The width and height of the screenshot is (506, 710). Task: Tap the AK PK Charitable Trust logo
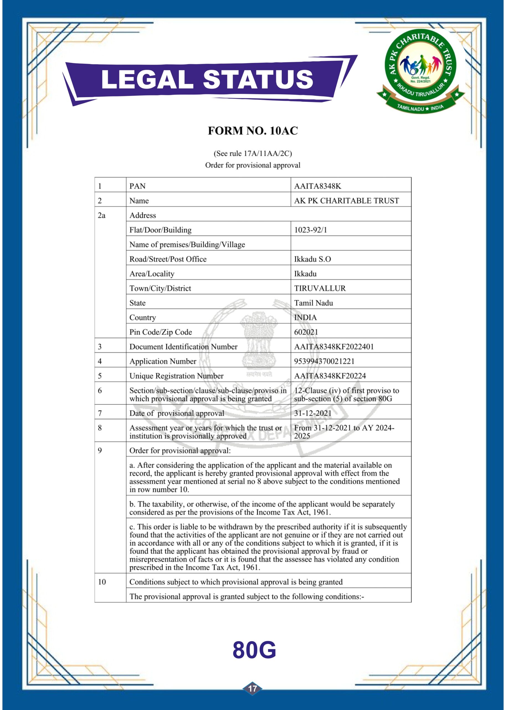click(421, 70)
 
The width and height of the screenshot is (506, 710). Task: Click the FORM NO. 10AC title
click(253, 131)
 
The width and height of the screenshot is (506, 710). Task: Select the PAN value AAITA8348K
click(317, 186)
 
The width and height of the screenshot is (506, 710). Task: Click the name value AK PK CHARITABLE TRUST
click(346, 201)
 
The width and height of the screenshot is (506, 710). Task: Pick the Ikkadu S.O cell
click(312, 259)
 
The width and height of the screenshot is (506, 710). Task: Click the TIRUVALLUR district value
click(320, 288)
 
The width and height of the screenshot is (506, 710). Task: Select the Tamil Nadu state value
click(314, 303)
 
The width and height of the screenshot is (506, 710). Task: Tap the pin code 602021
click(306, 332)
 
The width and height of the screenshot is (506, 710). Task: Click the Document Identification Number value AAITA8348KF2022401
click(334, 347)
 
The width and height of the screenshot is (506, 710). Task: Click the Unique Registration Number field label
click(176, 376)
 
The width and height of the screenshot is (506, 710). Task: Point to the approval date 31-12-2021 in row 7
click(312, 413)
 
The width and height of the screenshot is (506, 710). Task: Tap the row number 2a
click(102, 215)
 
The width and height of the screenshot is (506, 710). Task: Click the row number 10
click(102, 582)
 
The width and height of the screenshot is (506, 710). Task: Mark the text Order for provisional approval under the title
click(253, 165)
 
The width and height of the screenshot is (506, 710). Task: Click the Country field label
click(143, 318)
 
